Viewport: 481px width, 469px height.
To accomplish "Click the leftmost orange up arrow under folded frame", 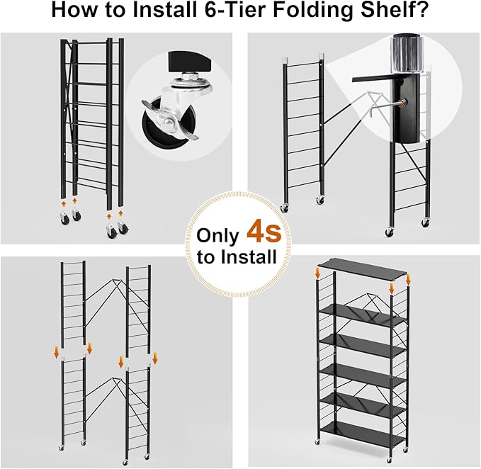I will tap(62, 203).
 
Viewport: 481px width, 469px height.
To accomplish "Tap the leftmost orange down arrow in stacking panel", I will tap(57, 352).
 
